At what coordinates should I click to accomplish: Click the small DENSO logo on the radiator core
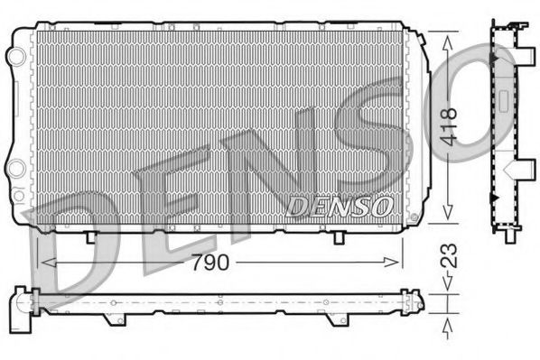click(x=339, y=208)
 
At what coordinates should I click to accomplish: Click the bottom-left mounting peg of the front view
click(x=90, y=236)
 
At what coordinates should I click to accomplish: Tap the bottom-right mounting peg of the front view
click(x=338, y=236)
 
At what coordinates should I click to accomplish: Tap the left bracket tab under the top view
click(x=110, y=318)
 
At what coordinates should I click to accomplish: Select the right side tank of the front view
click(x=416, y=126)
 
